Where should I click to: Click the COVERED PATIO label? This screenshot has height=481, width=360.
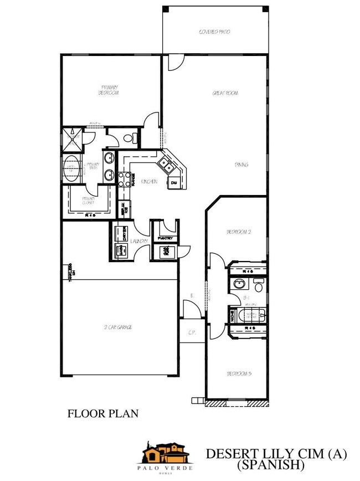coord(214,33)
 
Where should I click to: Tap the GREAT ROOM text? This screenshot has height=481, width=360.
coord(225,94)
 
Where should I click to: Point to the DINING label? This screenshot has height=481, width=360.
coord(241,165)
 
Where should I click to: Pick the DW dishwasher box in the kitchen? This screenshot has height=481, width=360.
coord(173,182)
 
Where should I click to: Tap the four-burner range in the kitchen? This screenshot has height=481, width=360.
coord(124,178)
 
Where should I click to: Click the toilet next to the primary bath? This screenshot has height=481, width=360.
coord(128,138)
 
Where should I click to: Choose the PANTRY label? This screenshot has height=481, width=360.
coord(165,238)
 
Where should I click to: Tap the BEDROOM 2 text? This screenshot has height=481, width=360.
coord(239,232)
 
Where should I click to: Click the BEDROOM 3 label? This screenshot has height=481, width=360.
coord(239,374)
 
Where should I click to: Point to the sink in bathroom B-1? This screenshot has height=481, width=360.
coord(239,284)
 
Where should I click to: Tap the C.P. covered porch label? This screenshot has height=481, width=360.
coord(193,332)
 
